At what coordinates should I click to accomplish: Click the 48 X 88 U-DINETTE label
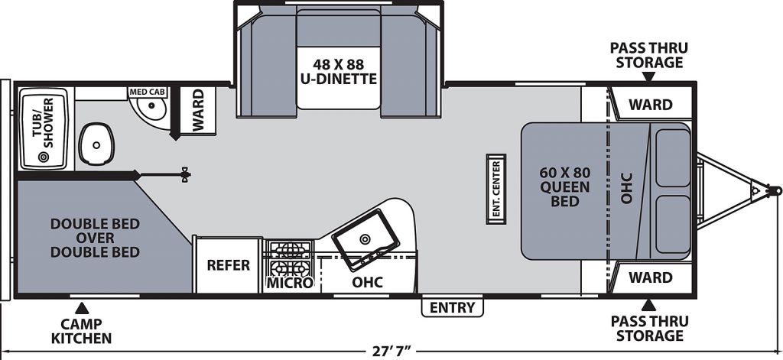click(x=338, y=71)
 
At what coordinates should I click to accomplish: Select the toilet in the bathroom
click(x=96, y=144)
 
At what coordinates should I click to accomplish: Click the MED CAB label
click(x=148, y=92)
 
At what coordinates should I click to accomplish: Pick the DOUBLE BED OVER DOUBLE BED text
click(x=95, y=238)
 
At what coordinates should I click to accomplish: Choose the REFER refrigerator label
click(x=228, y=265)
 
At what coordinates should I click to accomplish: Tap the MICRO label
click(x=290, y=283)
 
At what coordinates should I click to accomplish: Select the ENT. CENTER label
click(x=496, y=190)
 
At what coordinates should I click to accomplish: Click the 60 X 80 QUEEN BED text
click(x=565, y=187)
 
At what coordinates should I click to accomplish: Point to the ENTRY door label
click(x=453, y=307)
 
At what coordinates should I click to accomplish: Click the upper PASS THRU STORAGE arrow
click(x=648, y=76)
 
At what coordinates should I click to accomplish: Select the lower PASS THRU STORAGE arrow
click(x=648, y=304)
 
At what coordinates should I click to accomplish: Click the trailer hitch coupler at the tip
click(x=775, y=190)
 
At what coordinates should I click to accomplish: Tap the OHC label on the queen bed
click(x=627, y=188)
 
